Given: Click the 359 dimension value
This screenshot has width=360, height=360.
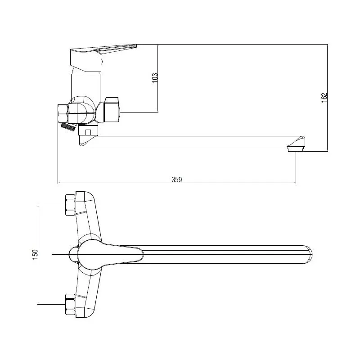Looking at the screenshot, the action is [x=176, y=179].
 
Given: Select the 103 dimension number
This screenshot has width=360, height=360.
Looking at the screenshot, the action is [x=155, y=78].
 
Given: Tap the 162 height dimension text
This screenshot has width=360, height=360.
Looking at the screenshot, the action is [x=324, y=98].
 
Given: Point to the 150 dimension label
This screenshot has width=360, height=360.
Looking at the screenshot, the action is [x=35, y=254].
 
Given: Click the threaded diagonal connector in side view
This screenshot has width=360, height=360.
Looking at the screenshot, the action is [x=68, y=126].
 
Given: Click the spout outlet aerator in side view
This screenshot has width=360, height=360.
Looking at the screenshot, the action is [x=296, y=149].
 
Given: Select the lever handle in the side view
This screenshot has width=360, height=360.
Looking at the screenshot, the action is [x=103, y=58].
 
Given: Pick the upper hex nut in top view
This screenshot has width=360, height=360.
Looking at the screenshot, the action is [x=70, y=205].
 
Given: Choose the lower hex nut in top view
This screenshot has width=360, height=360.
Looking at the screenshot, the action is [x=70, y=304].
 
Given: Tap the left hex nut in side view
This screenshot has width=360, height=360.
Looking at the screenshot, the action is [x=63, y=114].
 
